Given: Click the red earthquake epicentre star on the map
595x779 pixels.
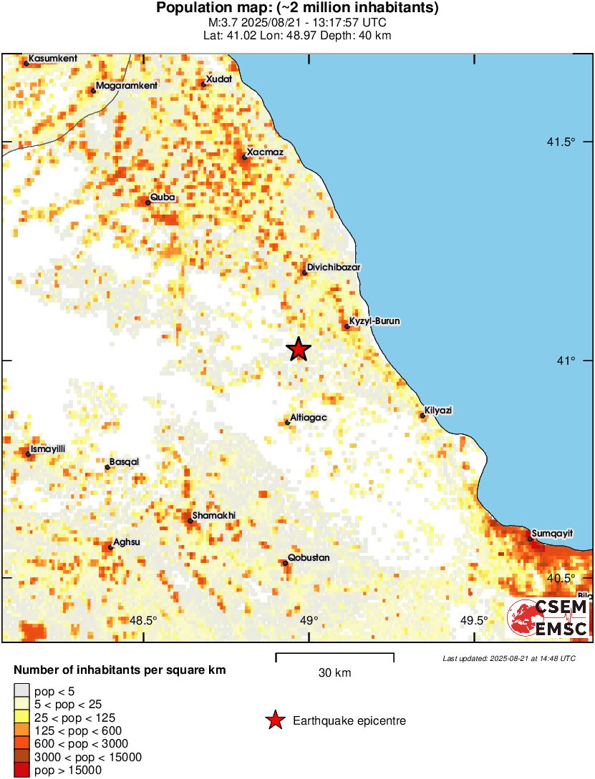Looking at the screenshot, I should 299,349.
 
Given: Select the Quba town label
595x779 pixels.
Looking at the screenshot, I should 163,197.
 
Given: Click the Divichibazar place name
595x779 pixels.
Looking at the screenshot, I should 334,268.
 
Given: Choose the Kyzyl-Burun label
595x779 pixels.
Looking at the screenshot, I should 374,321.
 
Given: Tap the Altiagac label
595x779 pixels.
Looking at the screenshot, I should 309,418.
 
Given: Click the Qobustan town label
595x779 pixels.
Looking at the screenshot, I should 309,558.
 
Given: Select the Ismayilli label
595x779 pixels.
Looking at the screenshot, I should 48,449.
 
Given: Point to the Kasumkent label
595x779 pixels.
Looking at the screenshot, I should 53,58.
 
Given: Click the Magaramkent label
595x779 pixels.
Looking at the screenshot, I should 126,85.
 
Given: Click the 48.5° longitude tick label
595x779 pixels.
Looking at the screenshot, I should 145,620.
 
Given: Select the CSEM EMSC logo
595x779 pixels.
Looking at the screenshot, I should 548,618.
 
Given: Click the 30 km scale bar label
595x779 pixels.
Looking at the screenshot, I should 334,672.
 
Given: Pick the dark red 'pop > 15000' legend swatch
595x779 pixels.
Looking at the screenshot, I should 22,770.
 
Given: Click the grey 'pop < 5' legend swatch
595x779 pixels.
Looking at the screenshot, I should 22,690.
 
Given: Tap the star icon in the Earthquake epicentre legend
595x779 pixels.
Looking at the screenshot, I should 275,721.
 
